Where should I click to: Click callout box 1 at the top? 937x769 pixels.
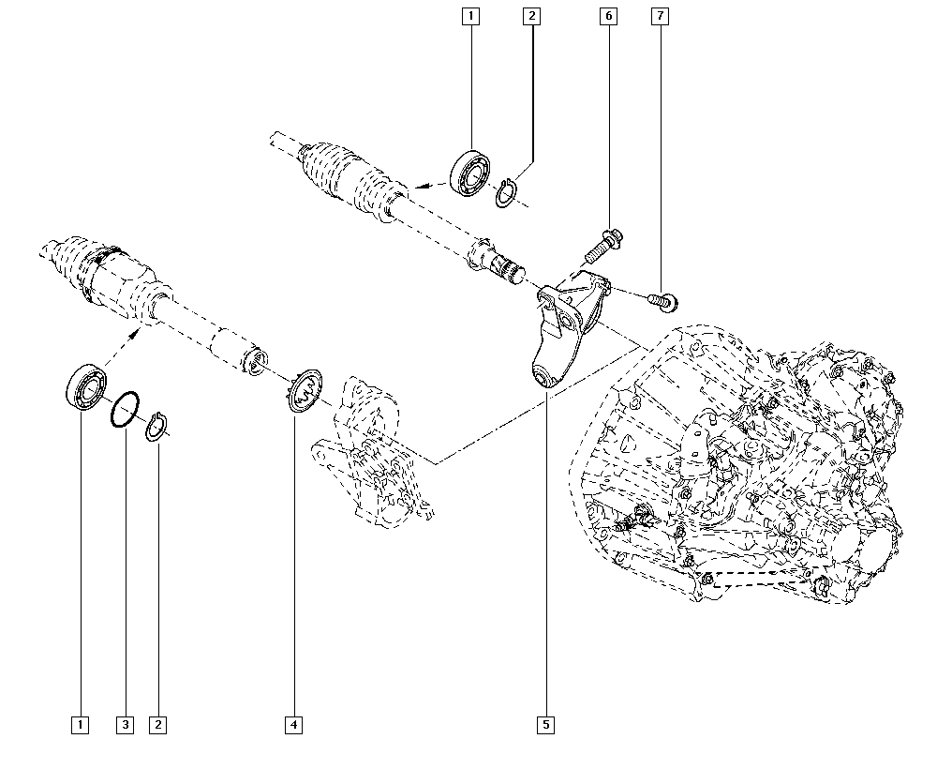click(469, 16)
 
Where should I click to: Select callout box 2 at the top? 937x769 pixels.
click(531, 16)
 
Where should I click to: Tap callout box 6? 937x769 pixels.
click(608, 16)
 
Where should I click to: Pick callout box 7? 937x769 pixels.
click(662, 16)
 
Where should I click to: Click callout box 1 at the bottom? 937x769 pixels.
click(82, 724)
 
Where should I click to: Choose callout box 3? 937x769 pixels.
click(126, 724)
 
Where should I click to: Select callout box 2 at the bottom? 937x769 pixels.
click(158, 724)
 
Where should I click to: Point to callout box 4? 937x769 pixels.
click(294, 724)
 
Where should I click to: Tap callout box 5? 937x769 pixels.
click(545, 724)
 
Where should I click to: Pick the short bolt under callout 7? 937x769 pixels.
click(664, 300)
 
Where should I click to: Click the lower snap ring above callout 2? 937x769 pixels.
click(158, 427)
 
